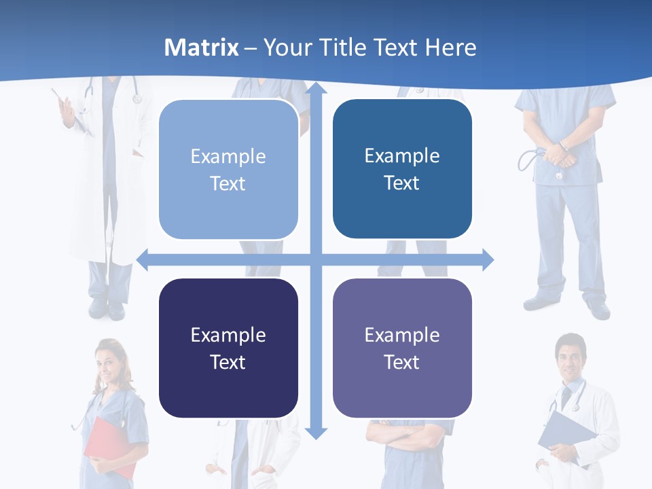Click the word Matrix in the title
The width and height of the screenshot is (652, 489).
point(202,48)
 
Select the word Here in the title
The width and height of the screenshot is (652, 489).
point(451,48)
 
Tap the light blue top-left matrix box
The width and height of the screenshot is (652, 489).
point(228,170)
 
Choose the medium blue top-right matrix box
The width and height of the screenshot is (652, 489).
point(402,169)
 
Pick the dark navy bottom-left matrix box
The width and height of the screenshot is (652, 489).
point(228,348)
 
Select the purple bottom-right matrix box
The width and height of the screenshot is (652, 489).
point(402,348)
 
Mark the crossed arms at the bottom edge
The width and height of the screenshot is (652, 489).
point(407,435)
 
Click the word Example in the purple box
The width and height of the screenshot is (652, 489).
point(402,335)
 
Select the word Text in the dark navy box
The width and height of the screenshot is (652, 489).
point(228,362)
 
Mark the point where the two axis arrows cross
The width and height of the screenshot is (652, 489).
point(316,259)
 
